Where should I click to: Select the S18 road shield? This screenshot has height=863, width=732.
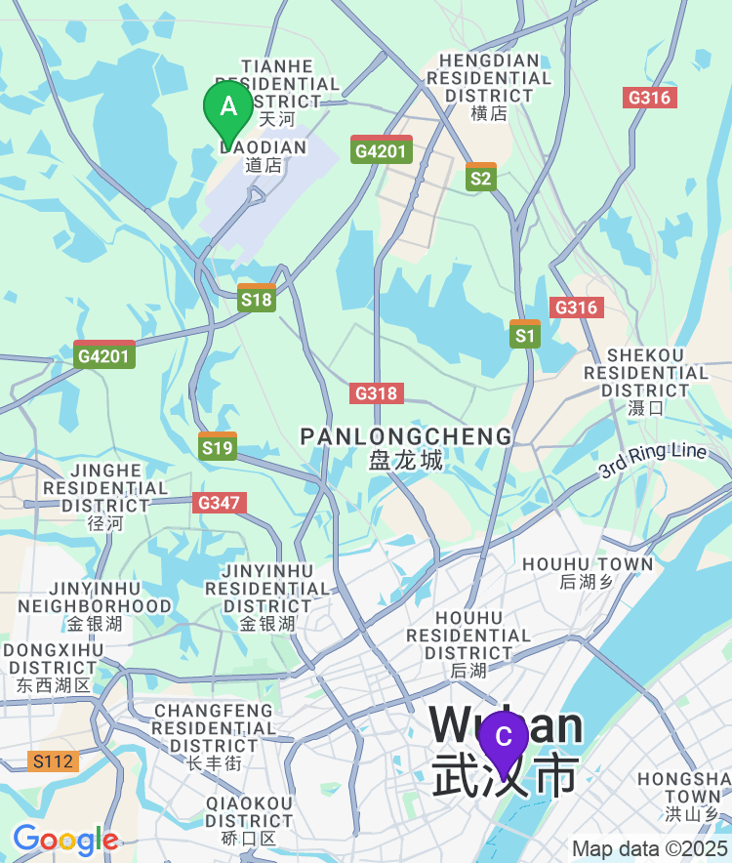[x=257, y=298]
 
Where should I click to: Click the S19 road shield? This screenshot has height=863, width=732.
[x=218, y=447]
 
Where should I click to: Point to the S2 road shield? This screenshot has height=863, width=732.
[x=481, y=177]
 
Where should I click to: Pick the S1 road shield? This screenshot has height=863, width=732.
[x=525, y=335]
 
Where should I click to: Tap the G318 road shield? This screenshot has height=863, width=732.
[x=376, y=393]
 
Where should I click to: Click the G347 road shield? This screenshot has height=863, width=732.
[x=220, y=503]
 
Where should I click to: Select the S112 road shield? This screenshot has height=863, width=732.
[x=53, y=760]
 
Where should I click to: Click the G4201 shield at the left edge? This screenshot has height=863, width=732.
[x=104, y=355]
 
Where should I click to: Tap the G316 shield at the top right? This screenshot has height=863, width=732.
[x=650, y=98]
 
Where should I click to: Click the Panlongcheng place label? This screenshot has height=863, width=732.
[x=406, y=447]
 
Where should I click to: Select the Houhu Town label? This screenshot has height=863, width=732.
[x=588, y=572]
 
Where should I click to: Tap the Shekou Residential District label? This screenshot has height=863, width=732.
[x=646, y=381]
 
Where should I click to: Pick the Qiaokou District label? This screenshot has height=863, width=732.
[x=249, y=819]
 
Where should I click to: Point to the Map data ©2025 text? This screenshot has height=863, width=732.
[x=649, y=848]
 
